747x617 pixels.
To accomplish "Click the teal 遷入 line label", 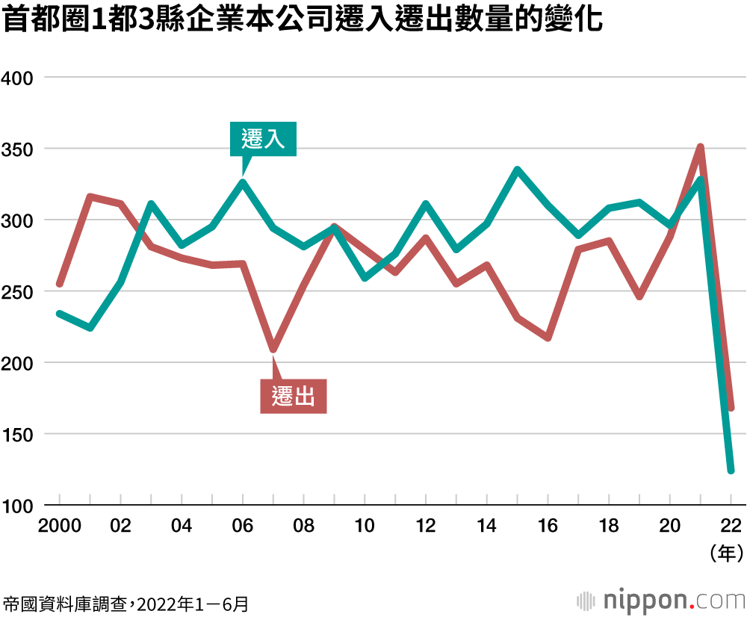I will point(263,139).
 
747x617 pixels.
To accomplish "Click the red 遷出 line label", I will point(294,397).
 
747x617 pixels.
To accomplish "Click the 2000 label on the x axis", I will point(59,526).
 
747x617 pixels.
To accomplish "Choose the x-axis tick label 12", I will point(426,526).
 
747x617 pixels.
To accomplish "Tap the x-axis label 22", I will point(731,526).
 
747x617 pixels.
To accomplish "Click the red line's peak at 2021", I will point(701,147).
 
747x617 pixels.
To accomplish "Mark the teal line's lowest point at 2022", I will point(731,470).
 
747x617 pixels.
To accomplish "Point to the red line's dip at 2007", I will point(273,349).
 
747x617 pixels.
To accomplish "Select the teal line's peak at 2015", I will point(517,170).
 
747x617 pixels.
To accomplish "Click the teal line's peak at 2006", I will point(243,182).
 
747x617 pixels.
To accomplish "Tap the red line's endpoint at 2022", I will point(731,407).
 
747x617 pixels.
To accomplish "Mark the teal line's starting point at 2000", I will point(60,314).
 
